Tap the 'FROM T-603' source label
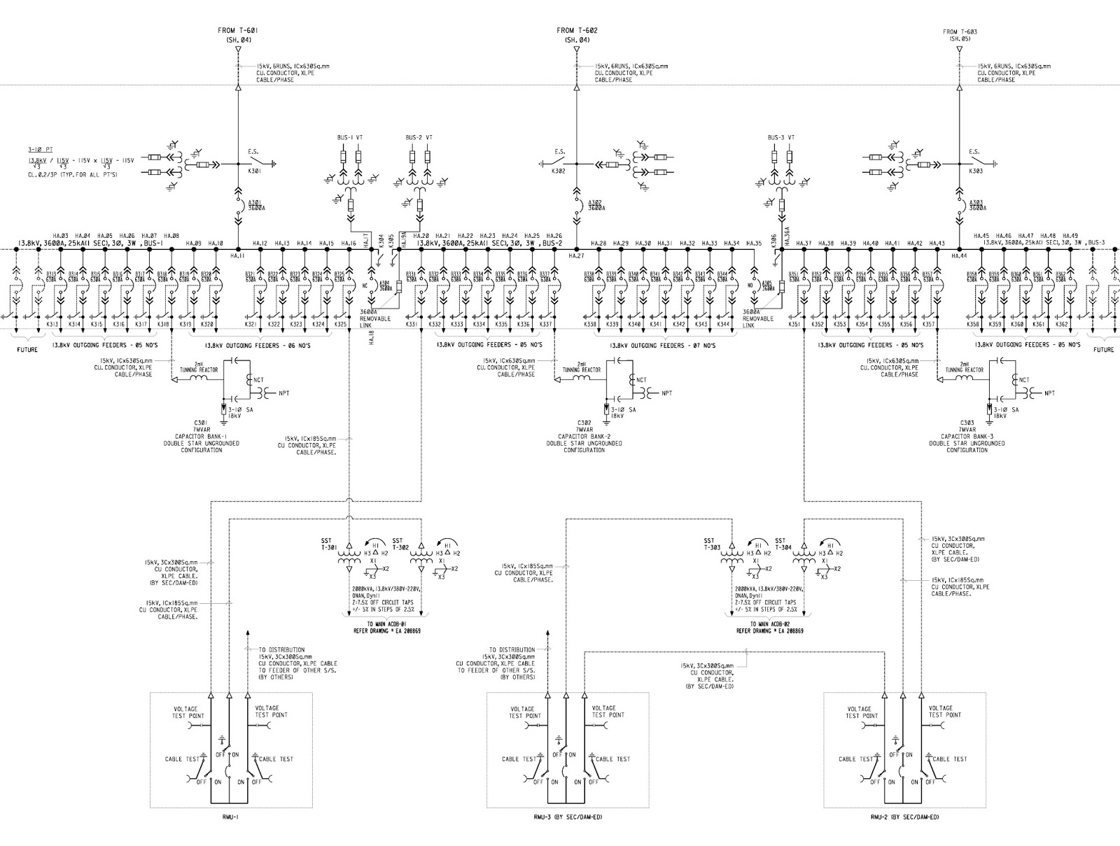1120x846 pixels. pos(960,31)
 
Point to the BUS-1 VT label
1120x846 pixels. pos(350,137)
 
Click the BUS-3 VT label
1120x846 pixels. pos(780,137)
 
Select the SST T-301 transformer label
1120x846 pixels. pos(328,544)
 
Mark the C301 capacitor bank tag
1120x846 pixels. pos(202,423)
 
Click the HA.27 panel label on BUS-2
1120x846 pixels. pos(577,257)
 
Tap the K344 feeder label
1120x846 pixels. pos(723,325)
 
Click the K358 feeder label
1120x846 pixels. pos(973,325)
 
